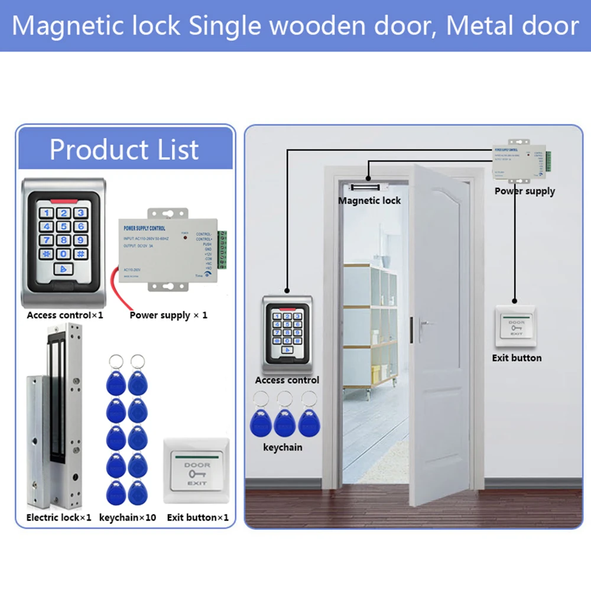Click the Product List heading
[124, 150]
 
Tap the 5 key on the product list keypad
[64, 226]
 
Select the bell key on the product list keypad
[64, 269]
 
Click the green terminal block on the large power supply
[223, 249]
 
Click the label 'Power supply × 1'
[168, 315]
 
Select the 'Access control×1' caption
[65, 315]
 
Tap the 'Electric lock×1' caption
[59, 517]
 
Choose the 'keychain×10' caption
[128, 517]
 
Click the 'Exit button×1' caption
[197, 517]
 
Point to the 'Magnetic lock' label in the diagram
[369, 200]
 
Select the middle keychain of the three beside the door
[285, 421]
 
